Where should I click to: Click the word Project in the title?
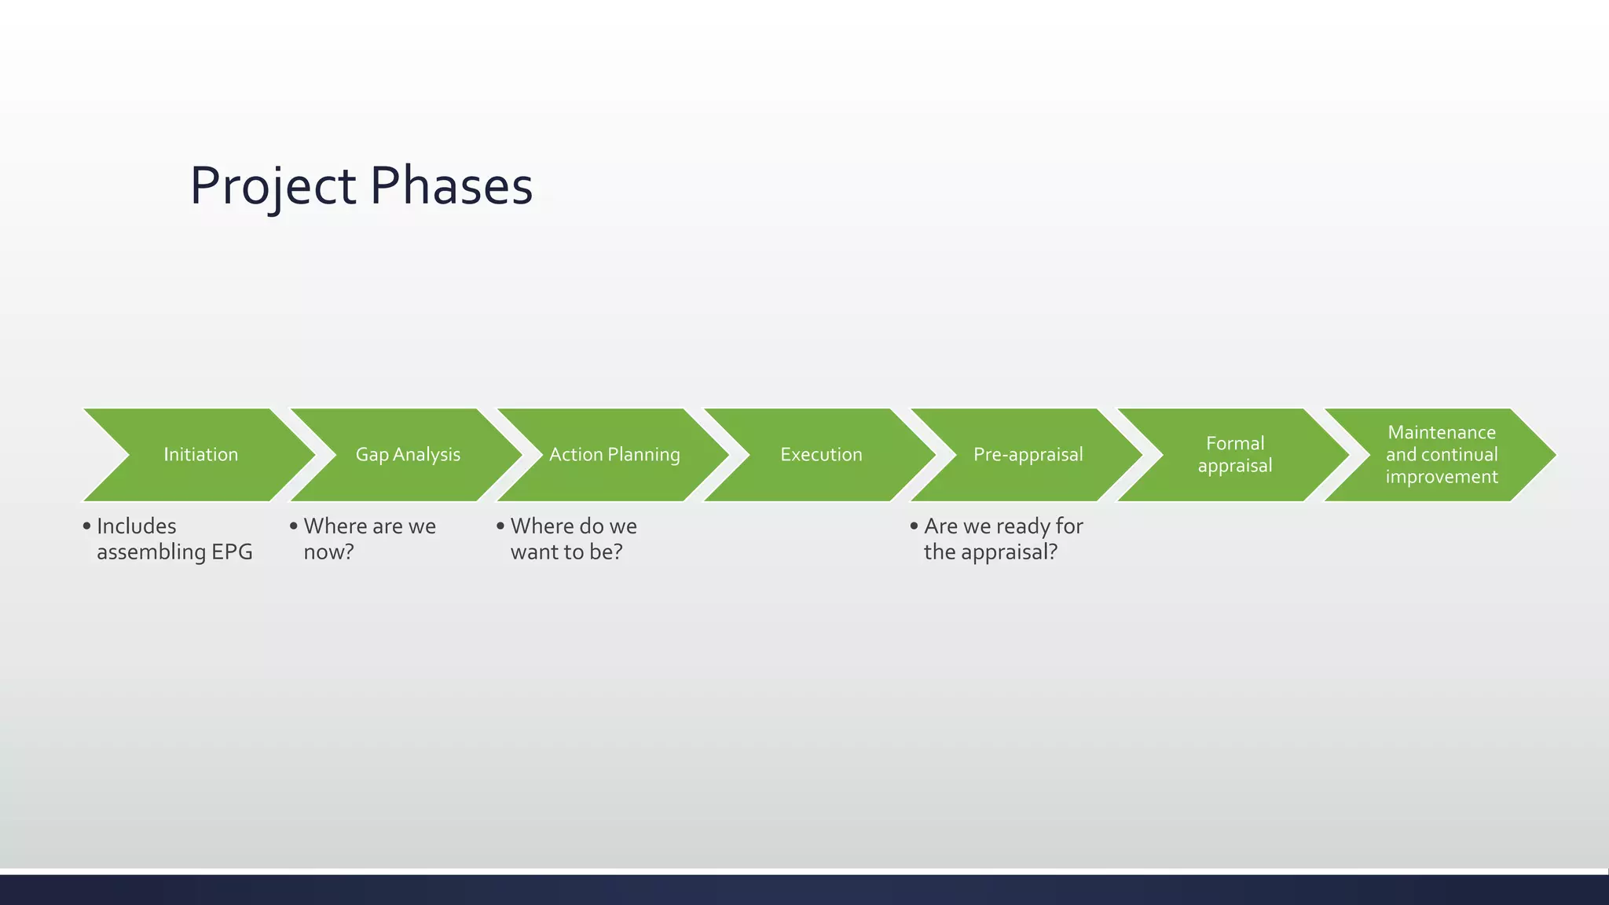coord(273,187)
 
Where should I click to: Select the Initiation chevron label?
coord(200,455)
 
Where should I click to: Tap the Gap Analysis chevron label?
coord(408,455)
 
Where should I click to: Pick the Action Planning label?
coord(614,455)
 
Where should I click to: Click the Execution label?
coord(821,455)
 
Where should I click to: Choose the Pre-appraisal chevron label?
coord(1028,455)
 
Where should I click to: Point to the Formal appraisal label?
coord(1234,455)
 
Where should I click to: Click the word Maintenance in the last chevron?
coord(1442,433)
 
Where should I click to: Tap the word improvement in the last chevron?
coord(1442,477)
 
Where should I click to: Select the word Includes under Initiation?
coord(136,526)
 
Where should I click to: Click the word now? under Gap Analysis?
coord(328,552)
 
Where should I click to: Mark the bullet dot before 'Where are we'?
coord(294,526)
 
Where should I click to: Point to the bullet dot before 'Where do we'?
coord(500,526)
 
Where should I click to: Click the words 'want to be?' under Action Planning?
coord(566,552)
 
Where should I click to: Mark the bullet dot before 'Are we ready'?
coord(914,526)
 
